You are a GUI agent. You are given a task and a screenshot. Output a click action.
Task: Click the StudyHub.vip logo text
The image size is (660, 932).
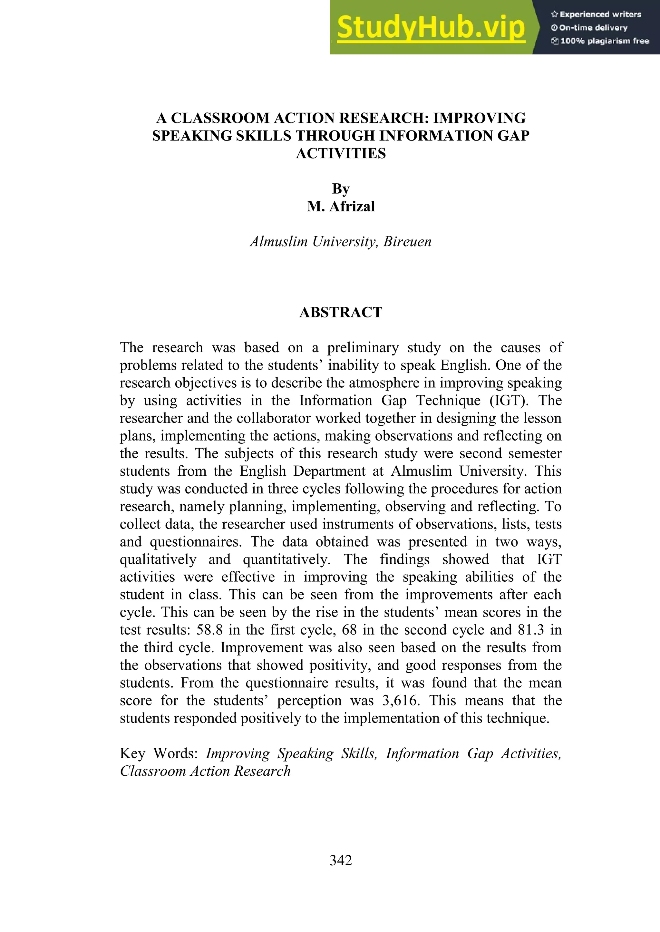click(431, 28)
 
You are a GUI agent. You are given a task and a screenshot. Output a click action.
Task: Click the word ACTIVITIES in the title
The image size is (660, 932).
click(341, 154)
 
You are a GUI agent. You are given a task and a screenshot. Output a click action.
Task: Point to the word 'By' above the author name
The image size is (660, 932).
click(341, 189)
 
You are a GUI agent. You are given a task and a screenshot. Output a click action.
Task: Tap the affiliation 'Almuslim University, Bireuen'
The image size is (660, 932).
click(341, 242)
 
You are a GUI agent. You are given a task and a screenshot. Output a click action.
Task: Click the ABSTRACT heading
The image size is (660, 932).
click(341, 312)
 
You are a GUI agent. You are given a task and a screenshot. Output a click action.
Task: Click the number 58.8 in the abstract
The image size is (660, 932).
click(209, 630)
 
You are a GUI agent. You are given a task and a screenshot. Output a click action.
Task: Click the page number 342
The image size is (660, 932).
click(341, 860)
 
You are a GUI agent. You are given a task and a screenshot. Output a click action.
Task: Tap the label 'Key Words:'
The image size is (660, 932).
click(159, 753)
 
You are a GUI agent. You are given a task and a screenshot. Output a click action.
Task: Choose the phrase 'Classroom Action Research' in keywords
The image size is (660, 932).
click(205, 771)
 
